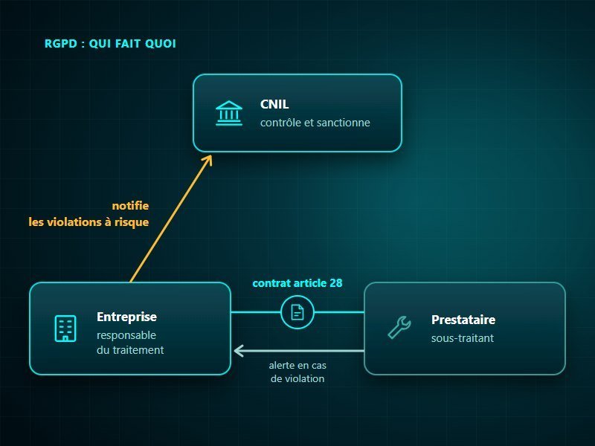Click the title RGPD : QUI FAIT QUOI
[110, 44]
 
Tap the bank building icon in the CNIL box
[229, 113]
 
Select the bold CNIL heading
[274, 104]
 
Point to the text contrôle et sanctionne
[315, 123]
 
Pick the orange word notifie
[130, 206]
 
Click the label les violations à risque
[89, 222]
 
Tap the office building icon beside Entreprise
[65, 329]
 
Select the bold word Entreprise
[126, 317]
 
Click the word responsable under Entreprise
[126, 335]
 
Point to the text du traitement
[130, 349]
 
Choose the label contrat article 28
[297, 283]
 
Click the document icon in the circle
[297, 312]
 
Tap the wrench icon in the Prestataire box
[399, 327]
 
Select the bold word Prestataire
[463, 320]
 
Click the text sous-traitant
[463, 338]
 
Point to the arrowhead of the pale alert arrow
[239, 351]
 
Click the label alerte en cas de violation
[297, 372]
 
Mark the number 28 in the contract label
[336, 283]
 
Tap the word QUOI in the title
[161, 44]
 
